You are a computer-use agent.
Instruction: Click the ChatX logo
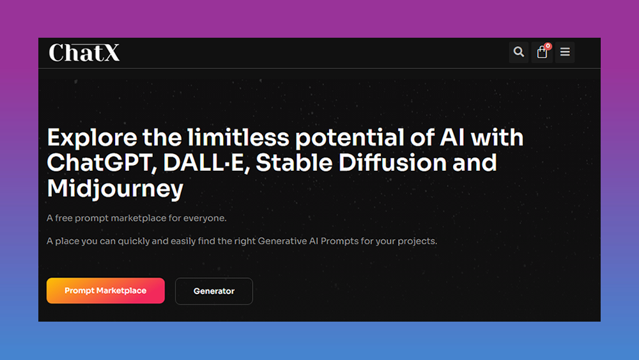(x=84, y=52)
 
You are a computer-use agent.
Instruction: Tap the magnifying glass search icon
(x=518, y=52)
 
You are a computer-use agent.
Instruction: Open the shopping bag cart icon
(x=542, y=52)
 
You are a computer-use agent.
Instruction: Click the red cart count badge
(x=548, y=46)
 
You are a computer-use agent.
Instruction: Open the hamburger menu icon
(x=565, y=52)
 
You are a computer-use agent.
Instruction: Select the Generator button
(x=214, y=291)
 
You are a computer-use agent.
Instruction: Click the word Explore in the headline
(x=91, y=138)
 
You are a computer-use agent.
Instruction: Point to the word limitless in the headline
(x=238, y=137)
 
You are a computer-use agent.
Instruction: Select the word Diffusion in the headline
(x=393, y=162)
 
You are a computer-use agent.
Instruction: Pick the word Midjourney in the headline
(x=115, y=189)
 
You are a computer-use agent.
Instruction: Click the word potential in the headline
(x=350, y=138)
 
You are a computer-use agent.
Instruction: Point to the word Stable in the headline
(x=294, y=162)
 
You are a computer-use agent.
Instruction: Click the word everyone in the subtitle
(x=204, y=218)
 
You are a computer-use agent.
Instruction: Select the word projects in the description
(x=417, y=241)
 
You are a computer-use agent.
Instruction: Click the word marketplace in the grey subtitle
(x=139, y=218)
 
